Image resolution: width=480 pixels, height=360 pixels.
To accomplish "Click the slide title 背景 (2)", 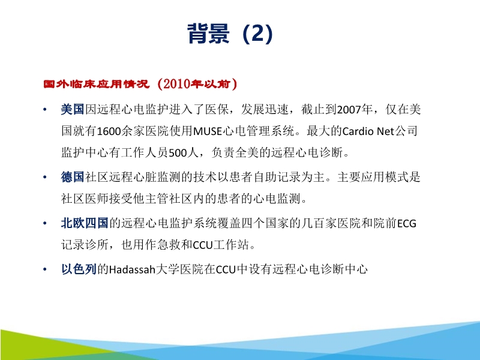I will point(230,35).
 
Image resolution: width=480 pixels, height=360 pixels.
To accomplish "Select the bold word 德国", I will point(73,177).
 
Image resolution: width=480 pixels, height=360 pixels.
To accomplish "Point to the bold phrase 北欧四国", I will point(84,224).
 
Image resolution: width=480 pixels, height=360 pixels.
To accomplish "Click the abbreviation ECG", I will point(406,224).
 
